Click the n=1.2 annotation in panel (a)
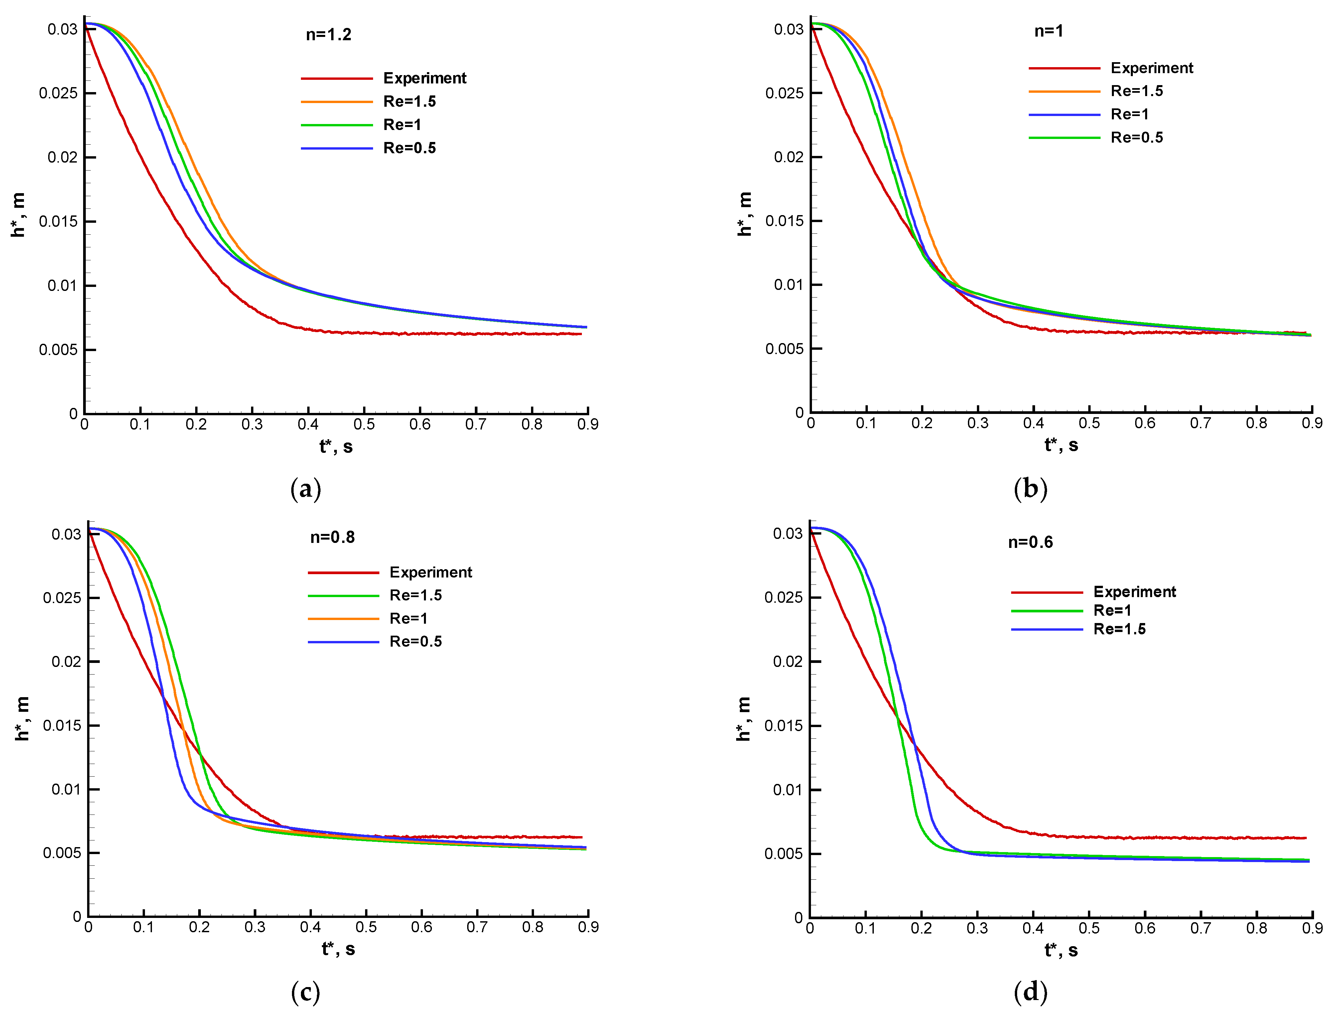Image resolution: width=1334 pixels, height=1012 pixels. click(328, 34)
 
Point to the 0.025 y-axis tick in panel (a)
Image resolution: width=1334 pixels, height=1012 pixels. click(59, 93)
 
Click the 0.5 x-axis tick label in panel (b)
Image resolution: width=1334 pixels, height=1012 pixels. click(1089, 423)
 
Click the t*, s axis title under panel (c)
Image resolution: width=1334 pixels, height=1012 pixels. click(338, 949)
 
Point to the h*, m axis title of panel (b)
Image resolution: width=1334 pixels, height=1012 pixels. click(745, 214)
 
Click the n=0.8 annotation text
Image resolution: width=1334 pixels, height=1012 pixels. click(332, 537)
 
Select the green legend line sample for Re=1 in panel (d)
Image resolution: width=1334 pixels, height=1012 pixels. click(1047, 611)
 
